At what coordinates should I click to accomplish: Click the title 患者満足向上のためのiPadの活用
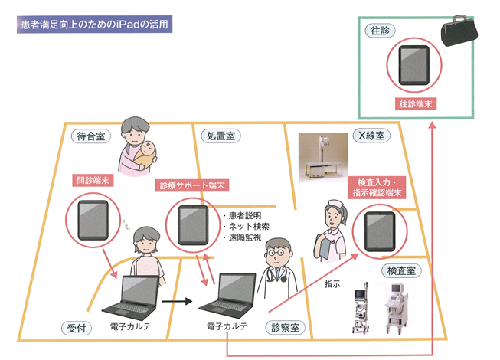pos(95,25)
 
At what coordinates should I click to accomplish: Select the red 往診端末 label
pos(417,102)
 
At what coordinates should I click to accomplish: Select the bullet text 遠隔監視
pos(244,238)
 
